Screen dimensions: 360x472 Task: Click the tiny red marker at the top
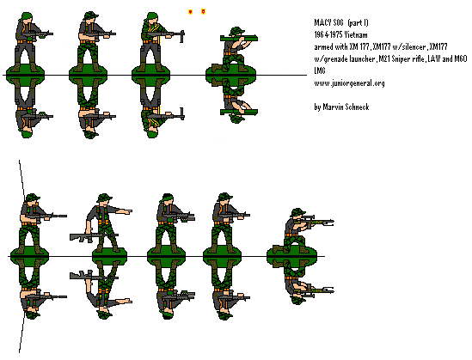tap(190, 12)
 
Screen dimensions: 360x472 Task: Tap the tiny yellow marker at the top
tap(203, 12)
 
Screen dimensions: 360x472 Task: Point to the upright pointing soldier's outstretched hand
tap(129, 209)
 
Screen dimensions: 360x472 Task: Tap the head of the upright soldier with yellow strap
tap(145, 15)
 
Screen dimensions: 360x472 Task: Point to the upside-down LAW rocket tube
tap(237, 109)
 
